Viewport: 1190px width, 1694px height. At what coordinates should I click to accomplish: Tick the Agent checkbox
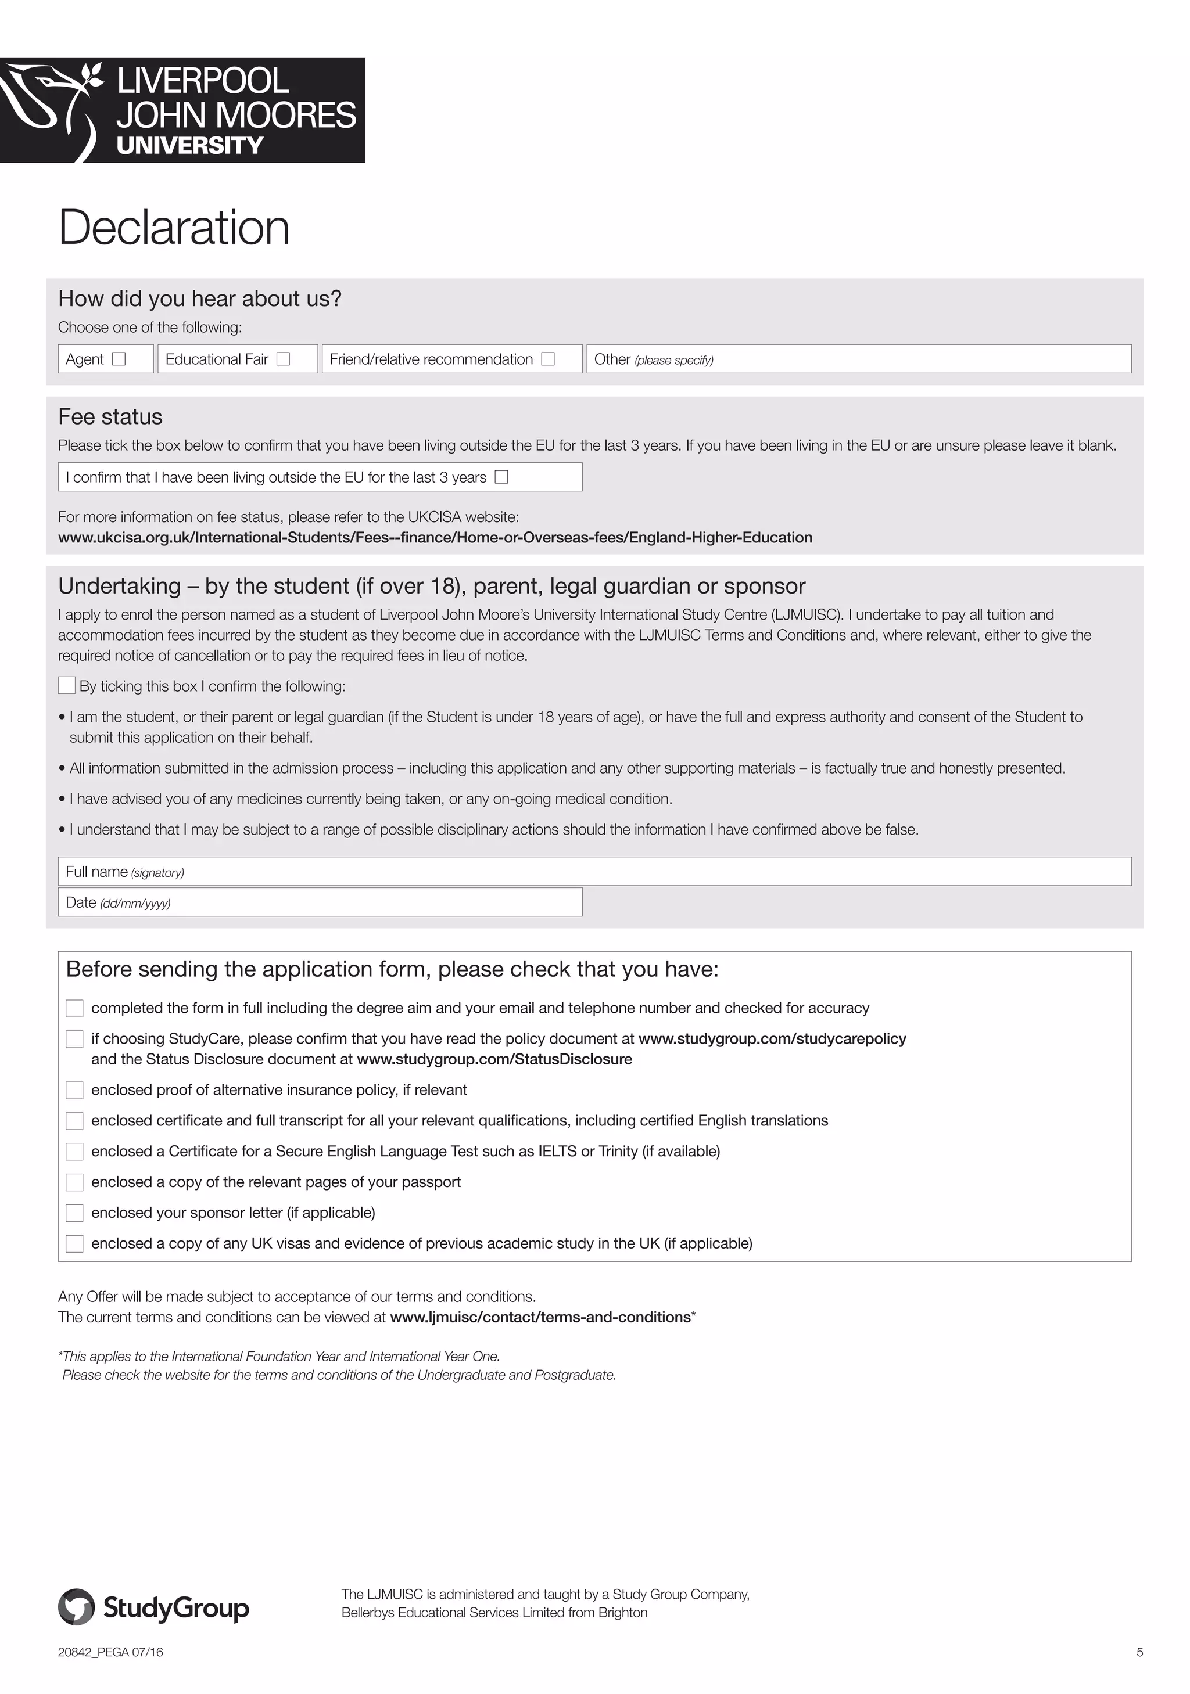[119, 359]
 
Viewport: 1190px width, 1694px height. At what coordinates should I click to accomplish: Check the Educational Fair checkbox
[284, 359]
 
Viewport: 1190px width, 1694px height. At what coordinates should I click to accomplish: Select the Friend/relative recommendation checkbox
[548, 359]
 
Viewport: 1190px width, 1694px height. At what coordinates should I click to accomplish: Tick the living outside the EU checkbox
[501, 477]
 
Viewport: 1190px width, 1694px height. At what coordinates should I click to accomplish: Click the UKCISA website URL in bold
[435, 538]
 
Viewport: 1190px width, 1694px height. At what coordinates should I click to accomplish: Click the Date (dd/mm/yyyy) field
[369, 902]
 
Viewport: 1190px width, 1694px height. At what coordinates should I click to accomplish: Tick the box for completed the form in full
[74, 1009]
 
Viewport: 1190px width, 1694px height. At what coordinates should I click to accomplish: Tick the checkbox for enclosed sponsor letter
[74, 1213]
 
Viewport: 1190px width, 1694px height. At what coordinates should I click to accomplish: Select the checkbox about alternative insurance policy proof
[74, 1091]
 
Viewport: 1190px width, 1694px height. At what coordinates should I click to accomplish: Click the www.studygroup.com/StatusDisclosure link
[494, 1059]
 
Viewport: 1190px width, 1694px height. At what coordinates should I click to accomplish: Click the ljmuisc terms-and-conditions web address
[540, 1318]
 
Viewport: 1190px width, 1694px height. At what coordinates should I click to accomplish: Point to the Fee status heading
[110, 417]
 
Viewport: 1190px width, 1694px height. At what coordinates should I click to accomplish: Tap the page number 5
[1139, 1653]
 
